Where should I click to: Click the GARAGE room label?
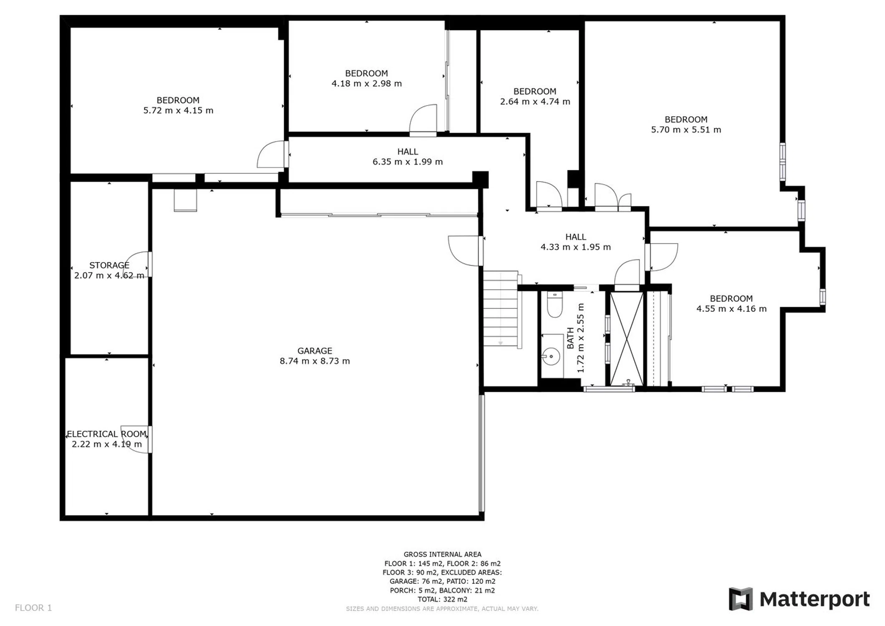click(x=315, y=351)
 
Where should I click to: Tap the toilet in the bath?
click(x=555, y=305)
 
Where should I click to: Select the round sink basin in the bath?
click(x=551, y=356)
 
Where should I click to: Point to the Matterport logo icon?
click(x=741, y=599)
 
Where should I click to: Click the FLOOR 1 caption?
click(x=33, y=608)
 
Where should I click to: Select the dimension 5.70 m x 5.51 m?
click(x=686, y=130)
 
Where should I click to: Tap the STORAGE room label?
click(x=109, y=265)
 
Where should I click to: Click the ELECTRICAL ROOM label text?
click(x=107, y=434)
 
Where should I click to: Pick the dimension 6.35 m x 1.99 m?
click(x=408, y=162)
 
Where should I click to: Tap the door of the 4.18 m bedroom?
click(x=423, y=120)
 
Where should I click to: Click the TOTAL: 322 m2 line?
click(x=442, y=599)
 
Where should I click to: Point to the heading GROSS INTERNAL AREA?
click(x=442, y=554)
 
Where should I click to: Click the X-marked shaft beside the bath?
click(x=627, y=338)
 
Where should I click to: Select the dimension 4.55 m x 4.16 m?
click(x=731, y=309)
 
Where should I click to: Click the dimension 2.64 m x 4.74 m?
click(x=535, y=101)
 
